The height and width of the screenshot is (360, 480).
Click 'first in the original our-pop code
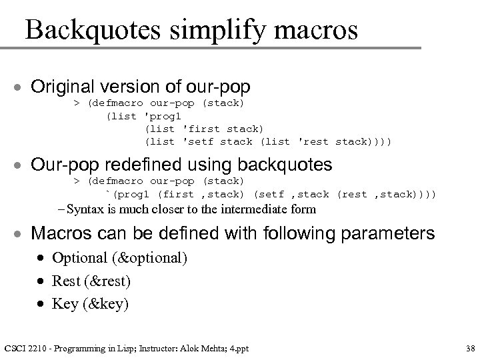204,129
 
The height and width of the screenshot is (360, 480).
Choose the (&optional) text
149,258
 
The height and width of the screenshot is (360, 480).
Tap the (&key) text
104,305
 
